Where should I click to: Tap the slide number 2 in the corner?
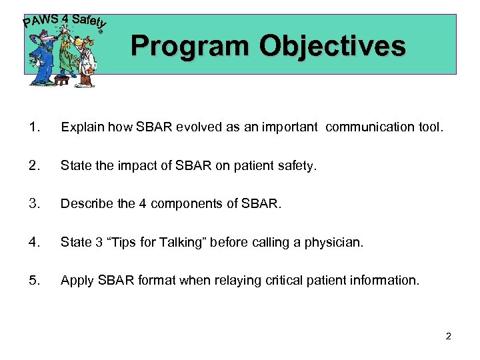pos(448,336)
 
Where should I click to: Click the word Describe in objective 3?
pos(82,204)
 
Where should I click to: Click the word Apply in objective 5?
pos(74,281)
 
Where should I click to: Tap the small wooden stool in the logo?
pos(61,80)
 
